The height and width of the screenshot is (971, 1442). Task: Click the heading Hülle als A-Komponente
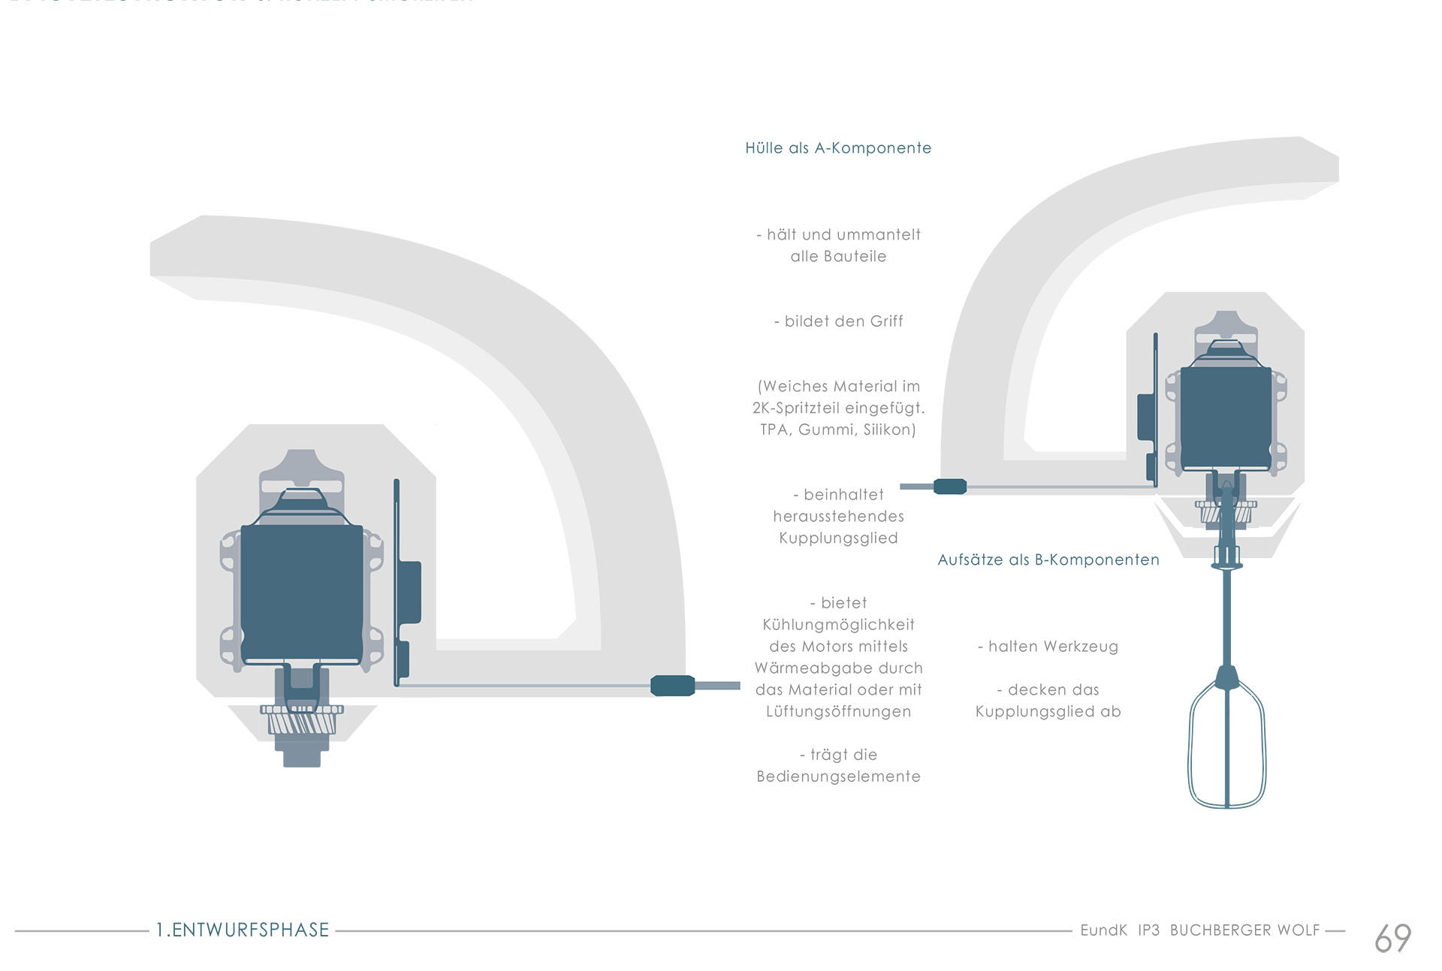click(837, 148)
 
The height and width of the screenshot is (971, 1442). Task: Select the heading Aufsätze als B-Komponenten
click(1048, 559)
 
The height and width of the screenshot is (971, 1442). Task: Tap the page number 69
click(1392, 938)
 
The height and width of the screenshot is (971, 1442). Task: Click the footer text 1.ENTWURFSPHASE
click(243, 930)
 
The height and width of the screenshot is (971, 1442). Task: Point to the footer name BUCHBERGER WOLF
click(1244, 930)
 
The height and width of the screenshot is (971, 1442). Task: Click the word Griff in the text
click(886, 321)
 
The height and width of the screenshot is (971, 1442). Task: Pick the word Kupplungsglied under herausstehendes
click(838, 538)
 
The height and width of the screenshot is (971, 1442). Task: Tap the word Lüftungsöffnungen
click(838, 711)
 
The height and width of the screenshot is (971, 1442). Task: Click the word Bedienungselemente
click(838, 776)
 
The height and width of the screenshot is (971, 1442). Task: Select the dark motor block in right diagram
click(1225, 417)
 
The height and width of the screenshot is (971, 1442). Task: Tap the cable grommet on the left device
click(672, 686)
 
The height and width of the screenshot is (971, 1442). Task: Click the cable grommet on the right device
click(949, 487)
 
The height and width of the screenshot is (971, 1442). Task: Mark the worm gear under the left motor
click(302, 722)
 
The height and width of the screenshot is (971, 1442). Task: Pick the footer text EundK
click(1103, 930)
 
